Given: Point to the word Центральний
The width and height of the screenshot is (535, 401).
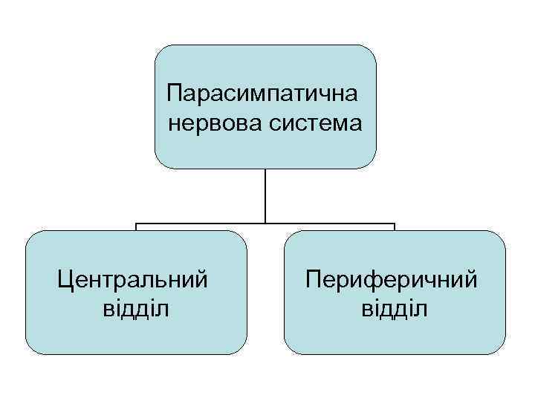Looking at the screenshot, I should [x=132, y=279].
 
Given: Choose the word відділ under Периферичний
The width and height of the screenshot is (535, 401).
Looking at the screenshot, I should [x=395, y=307].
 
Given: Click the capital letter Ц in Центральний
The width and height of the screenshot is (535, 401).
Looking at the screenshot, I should [x=65, y=279].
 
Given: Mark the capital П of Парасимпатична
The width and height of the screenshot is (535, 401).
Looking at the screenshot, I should [x=175, y=94].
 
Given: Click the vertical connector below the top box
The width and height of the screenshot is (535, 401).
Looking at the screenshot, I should [x=265, y=195].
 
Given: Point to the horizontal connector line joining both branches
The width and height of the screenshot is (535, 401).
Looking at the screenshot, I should [x=201, y=223].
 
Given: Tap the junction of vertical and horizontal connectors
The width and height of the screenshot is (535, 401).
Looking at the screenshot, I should [x=265, y=223].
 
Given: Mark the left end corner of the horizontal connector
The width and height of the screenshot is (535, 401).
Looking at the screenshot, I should [x=135, y=223].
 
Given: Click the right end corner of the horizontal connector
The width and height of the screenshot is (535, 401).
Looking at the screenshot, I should [x=395, y=223].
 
